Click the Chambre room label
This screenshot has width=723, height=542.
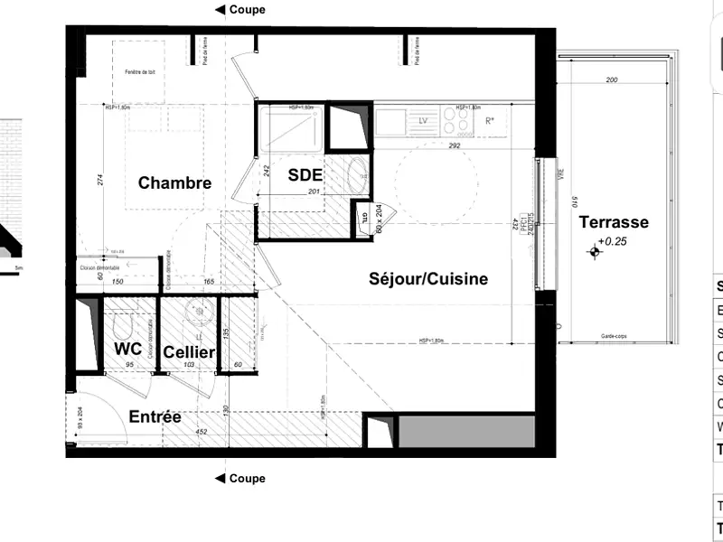(x=174, y=182)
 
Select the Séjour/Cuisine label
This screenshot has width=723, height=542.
(x=428, y=279)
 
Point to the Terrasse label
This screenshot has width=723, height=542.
(x=614, y=222)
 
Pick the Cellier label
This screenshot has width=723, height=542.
(x=189, y=351)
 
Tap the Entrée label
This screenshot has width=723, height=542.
(x=155, y=417)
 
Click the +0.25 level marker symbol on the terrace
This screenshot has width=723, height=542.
(x=595, y=254)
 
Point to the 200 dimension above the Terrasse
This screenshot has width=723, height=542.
(x=612, y=81)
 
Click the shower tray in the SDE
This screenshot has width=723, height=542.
(x=289, y=128)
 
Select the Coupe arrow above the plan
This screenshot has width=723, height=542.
(x=220, y=10)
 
